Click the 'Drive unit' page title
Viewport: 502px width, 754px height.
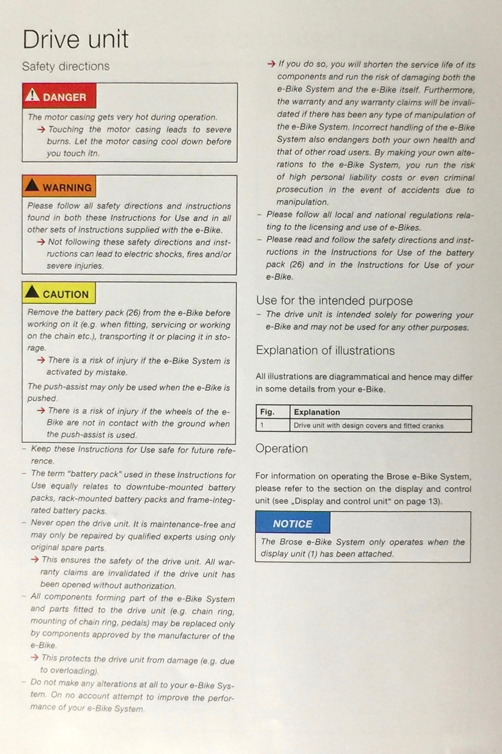point(75,40)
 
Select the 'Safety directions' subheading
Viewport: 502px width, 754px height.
point(66,66)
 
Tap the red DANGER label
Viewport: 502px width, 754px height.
point(59,97)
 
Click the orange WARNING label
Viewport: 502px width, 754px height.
point(59,187)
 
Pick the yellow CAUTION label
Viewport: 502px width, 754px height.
point(59,294)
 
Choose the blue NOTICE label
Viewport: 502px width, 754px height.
point(293,523)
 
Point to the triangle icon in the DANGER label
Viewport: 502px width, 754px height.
point(32,95)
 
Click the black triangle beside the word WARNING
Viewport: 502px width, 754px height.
point(32,185)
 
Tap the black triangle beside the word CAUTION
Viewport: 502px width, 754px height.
point(32,292)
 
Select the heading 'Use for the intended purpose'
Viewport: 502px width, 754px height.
point(334,301)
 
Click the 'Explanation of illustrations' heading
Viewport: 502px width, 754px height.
point(325,350)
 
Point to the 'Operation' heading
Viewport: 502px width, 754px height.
point(282,448)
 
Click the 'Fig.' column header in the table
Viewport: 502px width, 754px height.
point(267,412)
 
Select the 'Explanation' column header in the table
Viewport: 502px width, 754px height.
point(317,412)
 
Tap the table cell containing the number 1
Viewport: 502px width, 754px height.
point(273,425)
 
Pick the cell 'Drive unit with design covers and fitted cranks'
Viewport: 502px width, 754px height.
point(368,426)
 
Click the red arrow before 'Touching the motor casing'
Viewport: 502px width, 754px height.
point(41,130)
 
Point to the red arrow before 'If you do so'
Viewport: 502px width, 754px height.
point(271,64)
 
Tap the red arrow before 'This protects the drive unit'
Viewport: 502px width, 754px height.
point(35,658)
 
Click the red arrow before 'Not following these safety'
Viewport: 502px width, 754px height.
point(41,242)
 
